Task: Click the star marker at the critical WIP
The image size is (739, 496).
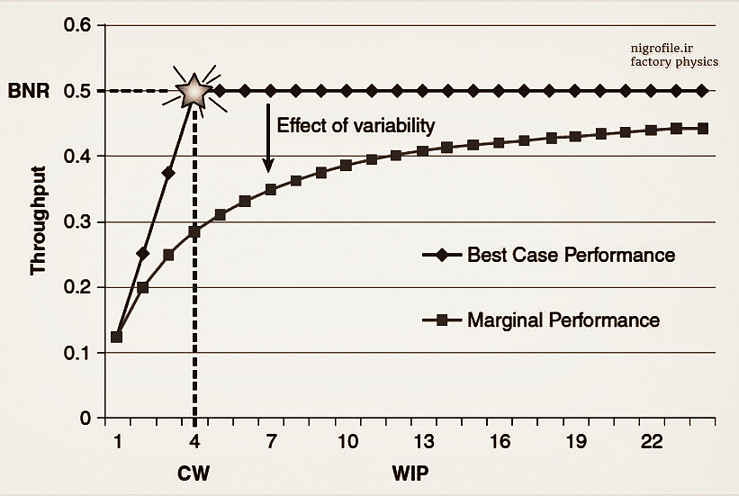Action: click(x=194, y=90)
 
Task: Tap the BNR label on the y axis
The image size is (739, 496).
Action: click(x=26, y=91)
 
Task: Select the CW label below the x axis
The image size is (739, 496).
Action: click(x=194, y=471)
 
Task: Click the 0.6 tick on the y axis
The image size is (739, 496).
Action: click(x=77, y=25)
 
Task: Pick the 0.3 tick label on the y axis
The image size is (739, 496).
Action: click(x=77, y=221)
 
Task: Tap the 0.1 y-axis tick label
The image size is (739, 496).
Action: click(x=77, y=353)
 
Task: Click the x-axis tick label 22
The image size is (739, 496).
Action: click(x=653, y=442)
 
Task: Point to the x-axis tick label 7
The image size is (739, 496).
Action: click(x=270, y=442)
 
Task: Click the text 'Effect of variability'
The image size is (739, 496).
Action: click(x=355, y=125)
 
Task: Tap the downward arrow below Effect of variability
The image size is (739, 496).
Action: click(x=268, y=138)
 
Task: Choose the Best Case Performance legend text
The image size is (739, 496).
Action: click(x=571, y=255)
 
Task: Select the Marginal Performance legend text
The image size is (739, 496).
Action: click(x=563, y=320)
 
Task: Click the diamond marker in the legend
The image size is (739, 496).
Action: click(x=441, y=255)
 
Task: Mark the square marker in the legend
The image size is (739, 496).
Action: click(x=441, y=320)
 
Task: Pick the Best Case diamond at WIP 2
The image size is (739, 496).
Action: click(x=142, y=253)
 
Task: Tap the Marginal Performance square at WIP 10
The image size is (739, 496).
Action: click(x=347, y=166)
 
